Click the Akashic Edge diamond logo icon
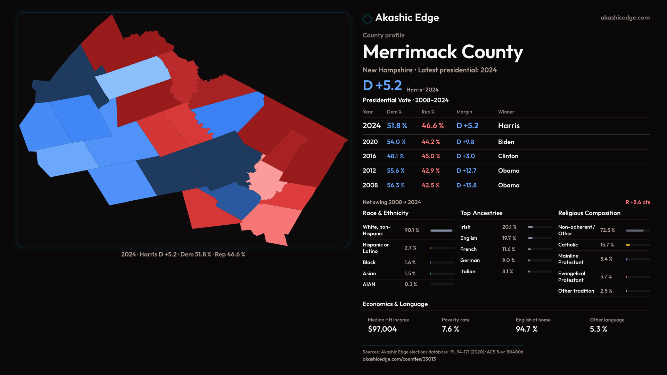pyautogui.click(x=367, y=18)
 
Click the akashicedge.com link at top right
pyautogui.click(x=625, y=18)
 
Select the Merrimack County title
pyautogui.click(x=443, y=52)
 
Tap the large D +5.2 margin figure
pyautogui.click(x=382, y=85)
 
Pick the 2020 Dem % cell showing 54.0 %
pyautogui.click(x=396, y=142)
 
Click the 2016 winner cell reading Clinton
pyautogui.click(x=508, y=156)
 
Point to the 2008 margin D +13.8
pyautogui.click(x=466, y=185)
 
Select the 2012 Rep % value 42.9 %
pyautogui.click(x=430, y=171)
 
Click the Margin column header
pyautogui.click(x=464, y=112)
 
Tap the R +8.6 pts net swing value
pyautogui.click(x=637, y=202)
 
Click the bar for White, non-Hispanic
pyautogui.click(x=442, y=231)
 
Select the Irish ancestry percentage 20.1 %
pyautogui.click(x=509, y=227)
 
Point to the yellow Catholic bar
pyautogui.click(x=628, y=245)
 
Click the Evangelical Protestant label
pyautogui.click(x=571, y=277)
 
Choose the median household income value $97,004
pyautogui.click(x=382, y=329)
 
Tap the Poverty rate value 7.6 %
pyautogui.click(x=450, y=329)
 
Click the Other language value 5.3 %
pyautogui.click(x=598, y=329)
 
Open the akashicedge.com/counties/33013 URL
pyautogui.click(x=399, y=359)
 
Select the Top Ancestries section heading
pyautogui.click(x=481, y=213)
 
